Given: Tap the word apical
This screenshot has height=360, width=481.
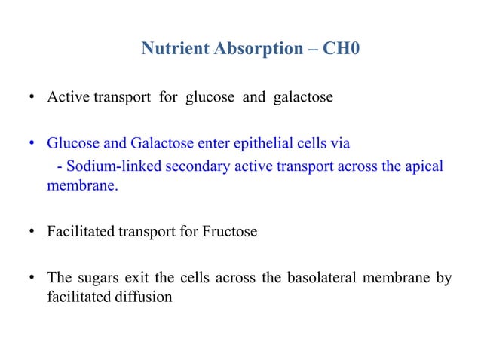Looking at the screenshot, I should [424, 166].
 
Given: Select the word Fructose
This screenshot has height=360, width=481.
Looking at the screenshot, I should [230, 231].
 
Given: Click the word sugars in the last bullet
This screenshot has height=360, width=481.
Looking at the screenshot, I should [95, 278].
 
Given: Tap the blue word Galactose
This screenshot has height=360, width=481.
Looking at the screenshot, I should [150, 142].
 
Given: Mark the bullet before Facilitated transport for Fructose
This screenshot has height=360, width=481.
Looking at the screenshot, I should [32, 232].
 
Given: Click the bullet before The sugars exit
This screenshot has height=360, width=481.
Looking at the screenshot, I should [32, 279].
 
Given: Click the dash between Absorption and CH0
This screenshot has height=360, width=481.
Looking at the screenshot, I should [311, 51].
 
